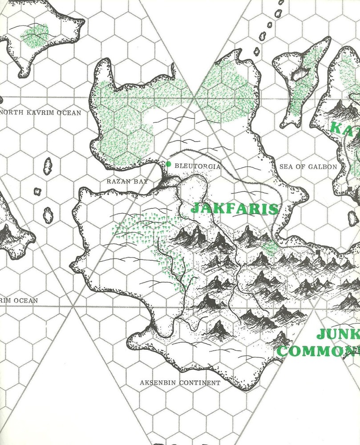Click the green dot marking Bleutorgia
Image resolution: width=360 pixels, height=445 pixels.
tap(168, 165)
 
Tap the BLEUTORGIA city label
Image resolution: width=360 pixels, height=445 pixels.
tap(198, 166)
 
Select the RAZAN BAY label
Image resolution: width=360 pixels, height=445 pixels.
tap(127, 182)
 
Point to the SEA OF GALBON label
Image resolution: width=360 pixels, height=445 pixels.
tap(308, 167)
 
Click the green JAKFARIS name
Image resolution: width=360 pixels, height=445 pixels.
tap(235, 208)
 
